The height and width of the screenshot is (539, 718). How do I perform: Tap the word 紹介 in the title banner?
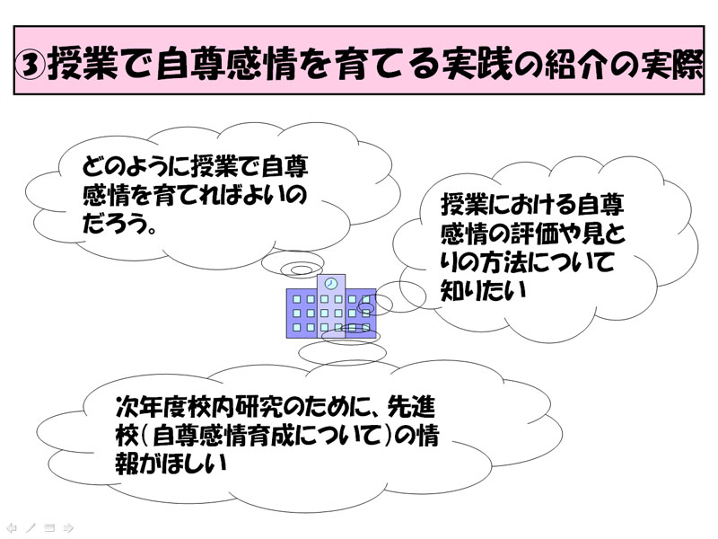click(x=578, y=64)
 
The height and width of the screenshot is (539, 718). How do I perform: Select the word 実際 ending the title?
click(x=672, y=64)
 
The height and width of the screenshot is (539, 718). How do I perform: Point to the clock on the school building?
click(x=330, y=283)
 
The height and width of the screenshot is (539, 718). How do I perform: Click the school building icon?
click(x=331, y=306)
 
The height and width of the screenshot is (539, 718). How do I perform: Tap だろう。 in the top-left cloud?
click(x=120, y=224)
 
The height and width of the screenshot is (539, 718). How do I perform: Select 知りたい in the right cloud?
click(x=483, y=290)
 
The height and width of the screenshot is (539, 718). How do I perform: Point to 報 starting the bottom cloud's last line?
click(x=127, y=464)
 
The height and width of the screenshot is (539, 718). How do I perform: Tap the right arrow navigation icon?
click(x=68, y=528)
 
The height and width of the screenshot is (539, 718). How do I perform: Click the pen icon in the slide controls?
click(x=31, y=528)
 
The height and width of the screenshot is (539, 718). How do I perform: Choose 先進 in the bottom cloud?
click(x=411, y=406)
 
